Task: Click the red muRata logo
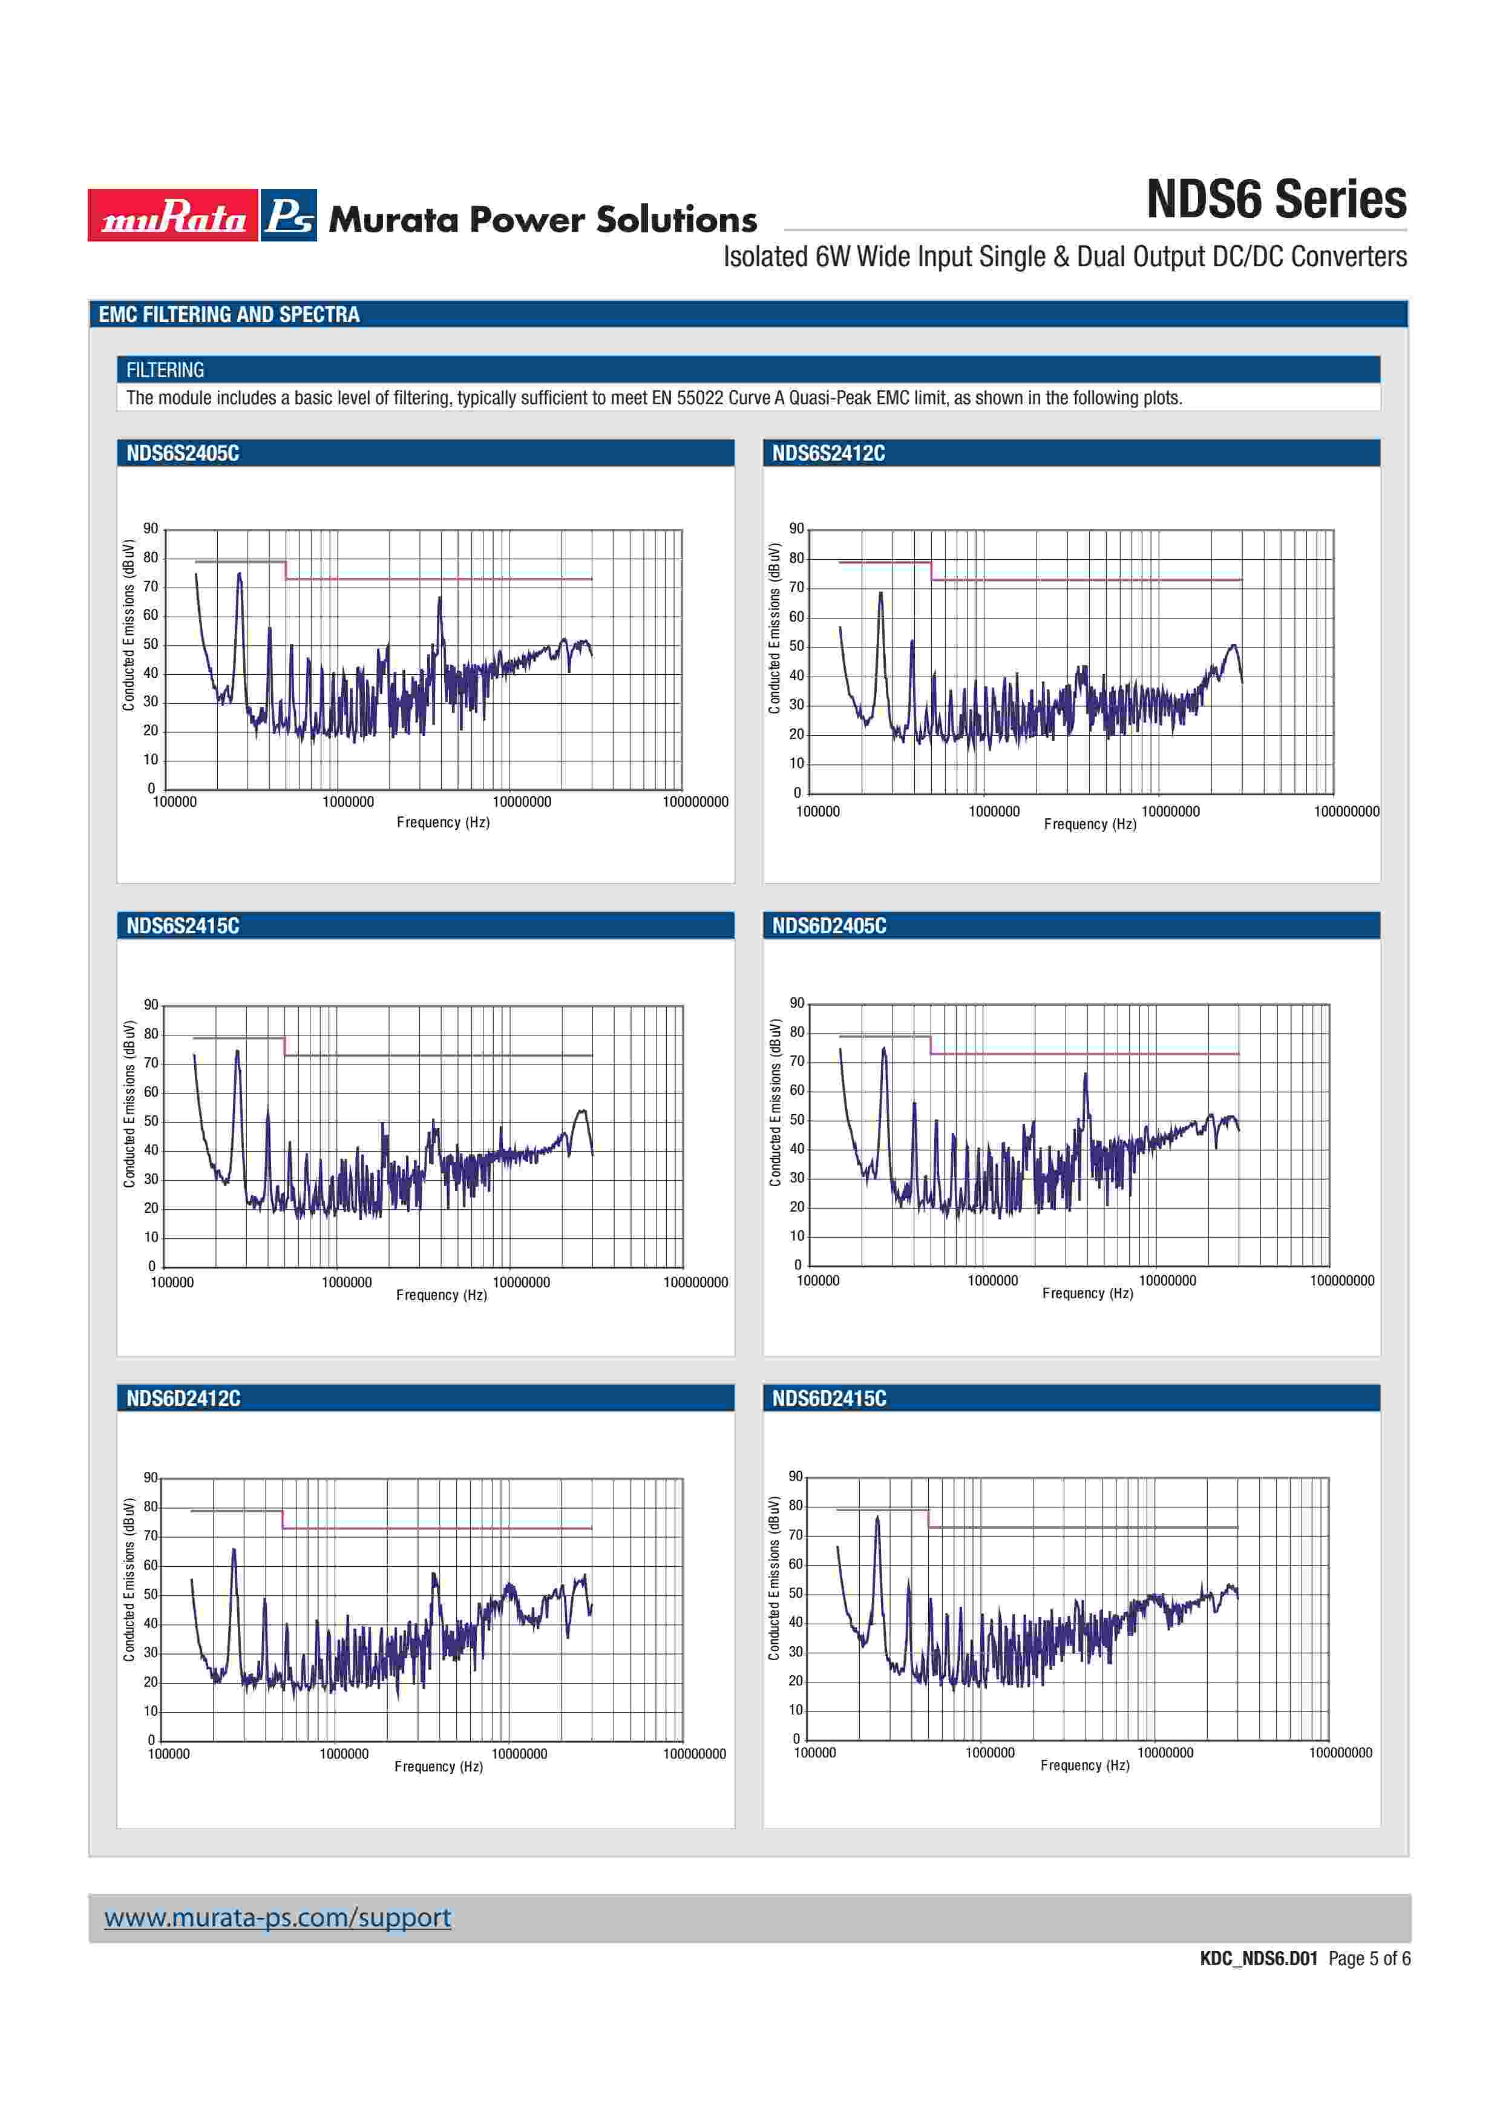pyautogui.click(x=173, y=215)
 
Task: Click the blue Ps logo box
pyautogui.click(x=289, y=215)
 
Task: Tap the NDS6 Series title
pyautogui.click(x=1276, y=200)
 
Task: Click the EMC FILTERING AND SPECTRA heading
pyautogui.click(x=229, y=314)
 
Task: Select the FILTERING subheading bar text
pyautogui.click(x=165, y=370)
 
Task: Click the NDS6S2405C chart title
pyautogui.click(x=183, y=453)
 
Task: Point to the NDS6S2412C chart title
pyautogui.click(x=828, y=453)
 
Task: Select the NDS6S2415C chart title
pyautogui.click(x=183, y=925)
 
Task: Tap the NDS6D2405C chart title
pyautogui.click(x=829, y=925)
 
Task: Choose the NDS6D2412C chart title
pyautogui.click(x=183, y=1398)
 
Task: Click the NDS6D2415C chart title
pyautogui.click(x=829, y=1398)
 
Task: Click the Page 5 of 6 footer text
pyautogui.click(x=1369, y=1958)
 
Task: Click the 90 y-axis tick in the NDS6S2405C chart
pyautogui.click(x=151, y=529)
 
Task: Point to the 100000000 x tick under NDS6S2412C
pyautogui.click(x=1346, y=812)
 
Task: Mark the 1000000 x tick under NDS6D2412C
pyautogui.click(x=344, y=1754)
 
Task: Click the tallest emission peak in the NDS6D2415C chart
pyautogui.click(x=877, y=1518)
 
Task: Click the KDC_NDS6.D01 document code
pyautogui.click(x=1258, y=1958)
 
